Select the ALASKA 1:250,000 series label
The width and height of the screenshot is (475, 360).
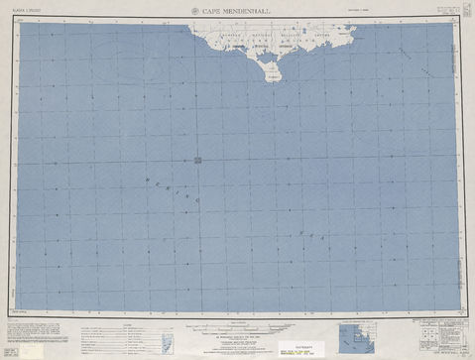point(26,12)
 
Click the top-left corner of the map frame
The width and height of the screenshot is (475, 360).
point(18,23)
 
